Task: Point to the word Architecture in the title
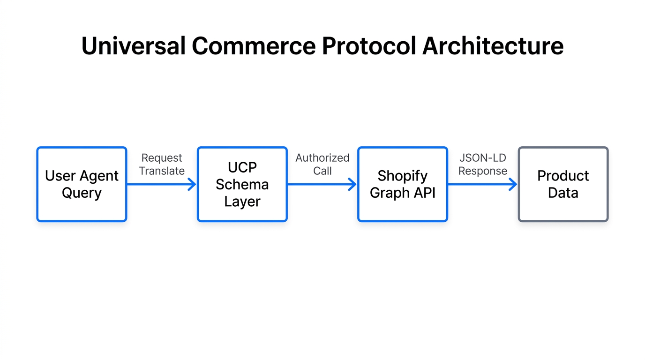[x=493, y=46]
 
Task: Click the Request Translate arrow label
[x=162, y=165]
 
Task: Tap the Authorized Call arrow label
[x=322, y=165]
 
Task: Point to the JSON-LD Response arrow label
[x=482, y=165]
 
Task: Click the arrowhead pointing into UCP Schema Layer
[x=192, y=184]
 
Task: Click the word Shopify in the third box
[x=403, y=176]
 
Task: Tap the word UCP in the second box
[x=242, y=167]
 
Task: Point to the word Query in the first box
[x=82, y=193]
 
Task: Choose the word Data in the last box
[x=563, y=193]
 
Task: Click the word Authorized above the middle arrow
[x=322, y=158]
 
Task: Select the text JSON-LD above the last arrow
[x=482, y=158]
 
